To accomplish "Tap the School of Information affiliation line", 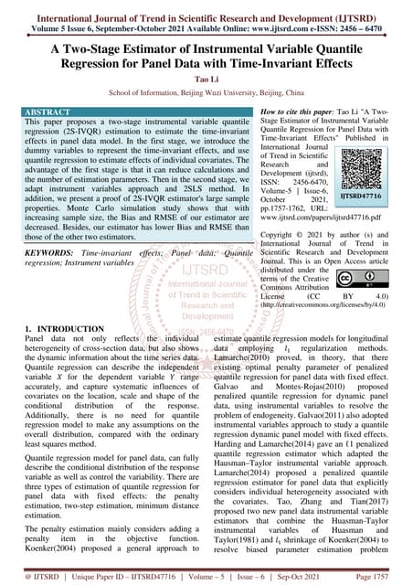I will [206, 94].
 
